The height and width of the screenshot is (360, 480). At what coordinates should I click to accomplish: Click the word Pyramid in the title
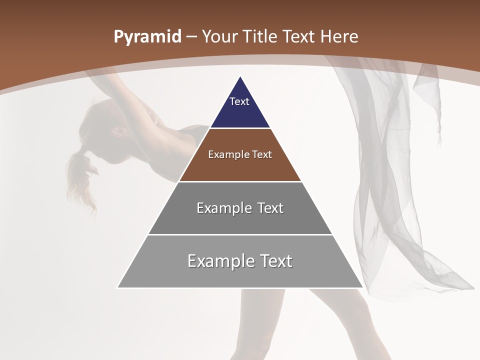coord(147,37)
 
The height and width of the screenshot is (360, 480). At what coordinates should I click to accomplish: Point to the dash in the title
coord(191,37)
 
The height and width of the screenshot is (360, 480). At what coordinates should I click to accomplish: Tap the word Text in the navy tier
coord(239,101)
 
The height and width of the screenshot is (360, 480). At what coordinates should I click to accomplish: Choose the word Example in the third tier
coord(222,208)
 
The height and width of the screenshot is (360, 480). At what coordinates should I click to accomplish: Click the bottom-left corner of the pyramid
coord(117,287)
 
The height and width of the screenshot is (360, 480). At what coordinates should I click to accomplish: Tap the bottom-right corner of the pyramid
coord(362,287)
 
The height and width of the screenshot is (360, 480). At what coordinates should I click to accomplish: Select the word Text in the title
coord(300,37)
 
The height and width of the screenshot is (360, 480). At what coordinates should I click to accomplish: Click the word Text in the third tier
coord(270,208)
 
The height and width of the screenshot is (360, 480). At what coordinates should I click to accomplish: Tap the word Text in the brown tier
coord(262,154)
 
